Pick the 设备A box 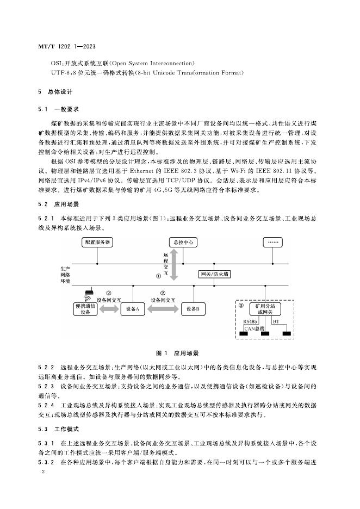pyautogui.click(x=133, y=309)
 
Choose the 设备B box pyautogui.click(x=193, y=309)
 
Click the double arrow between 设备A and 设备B pyautogui.click(x=163, y=309)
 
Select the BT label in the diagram pyautogui.click(x=276, y=323)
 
